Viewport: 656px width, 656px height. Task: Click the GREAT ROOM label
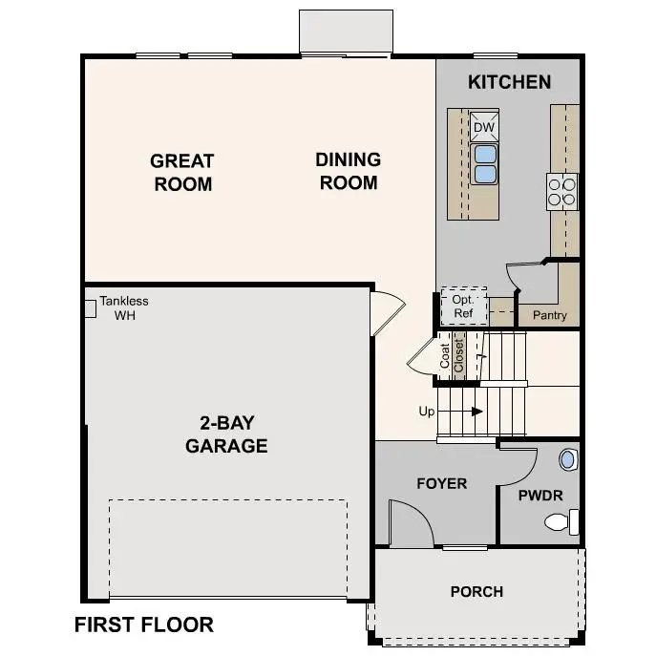pyautogui.click(x=182, y=172)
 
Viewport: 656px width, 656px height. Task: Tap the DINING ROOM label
pyautogui.click(x=349, y=171)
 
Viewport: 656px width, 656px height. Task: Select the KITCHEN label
pyautogui.click(x=509, y=82)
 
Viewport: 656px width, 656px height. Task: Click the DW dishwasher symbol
pyautogui.click(x=484, y=127)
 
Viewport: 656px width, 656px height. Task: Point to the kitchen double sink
pyautogui.click(x=485, y=163)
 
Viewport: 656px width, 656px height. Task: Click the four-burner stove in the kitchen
pyautogui.click(x=562, y=191)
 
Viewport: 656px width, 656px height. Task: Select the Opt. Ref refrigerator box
pyautogui.click(x=463, y=306)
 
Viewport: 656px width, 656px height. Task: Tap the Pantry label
pyautogui.click(x=550, y=315)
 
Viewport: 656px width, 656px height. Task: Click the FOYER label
pyautogui.click(x=442, y=483)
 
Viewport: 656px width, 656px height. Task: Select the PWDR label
pyautogui.click(x=540, y=496)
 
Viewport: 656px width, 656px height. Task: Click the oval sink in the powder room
pyautogui.click(x=568, y=459)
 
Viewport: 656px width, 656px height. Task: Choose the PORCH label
pyautogui.click(x=476, y=592)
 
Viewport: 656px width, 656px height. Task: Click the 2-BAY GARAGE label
pyautogui.click(x=226, y=434)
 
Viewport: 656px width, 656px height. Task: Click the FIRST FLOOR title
pyautogui.click(x=144, y=625)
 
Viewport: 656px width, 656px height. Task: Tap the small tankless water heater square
pyautogui.click(x=91, y=307)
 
